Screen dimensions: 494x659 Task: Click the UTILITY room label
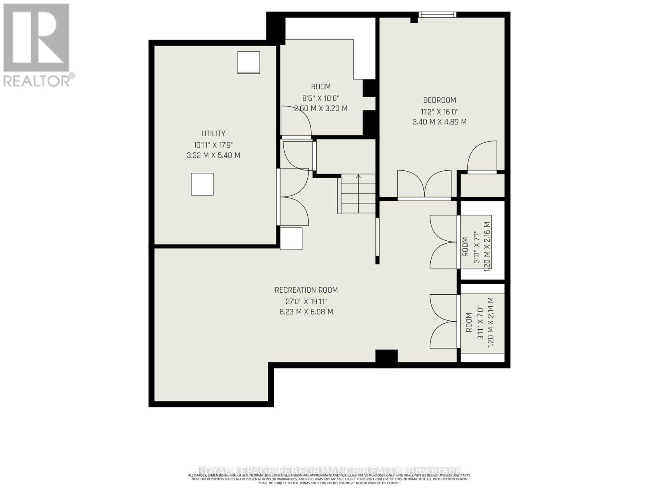pyautogui.click(x=213, y=133)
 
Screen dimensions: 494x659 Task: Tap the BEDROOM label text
pyautogui.click(x=439, y=100)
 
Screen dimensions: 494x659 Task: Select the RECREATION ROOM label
pyautogui.click(x=306, y=290)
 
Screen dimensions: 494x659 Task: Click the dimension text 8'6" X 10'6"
pyautogui.click(x=320, y=98)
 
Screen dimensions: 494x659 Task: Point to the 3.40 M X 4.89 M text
pyautogui.click(x=439, y=122)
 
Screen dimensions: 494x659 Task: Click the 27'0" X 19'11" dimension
pyautogui.click(x=306, y=301)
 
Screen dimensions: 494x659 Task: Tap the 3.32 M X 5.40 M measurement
pyautogui.click(x=213, y=156)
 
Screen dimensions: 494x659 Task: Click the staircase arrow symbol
pyautogui.click(x=358, y=177)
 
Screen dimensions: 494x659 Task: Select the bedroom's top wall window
pyautogui.click(x=437, y=14)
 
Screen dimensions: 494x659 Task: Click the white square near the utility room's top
pyautogui.click(x=248, y=63)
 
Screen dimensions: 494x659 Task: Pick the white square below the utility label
pyautogui.click(x=202, y=184)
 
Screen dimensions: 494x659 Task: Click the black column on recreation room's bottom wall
pyautogui.click(x=386, y=357)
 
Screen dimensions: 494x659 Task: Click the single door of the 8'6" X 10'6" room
pyautogui.click(x=296, y=122)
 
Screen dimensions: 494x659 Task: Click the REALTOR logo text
pyautogui.click(x=39, y=80)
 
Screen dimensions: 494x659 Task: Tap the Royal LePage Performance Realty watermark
pyautogui.click(x=329, y=471)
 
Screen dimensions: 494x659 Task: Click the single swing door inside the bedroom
pyautogui.click(x=482, y=156)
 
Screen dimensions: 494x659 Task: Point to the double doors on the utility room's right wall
pyautogui.click(x=293, y=197)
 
